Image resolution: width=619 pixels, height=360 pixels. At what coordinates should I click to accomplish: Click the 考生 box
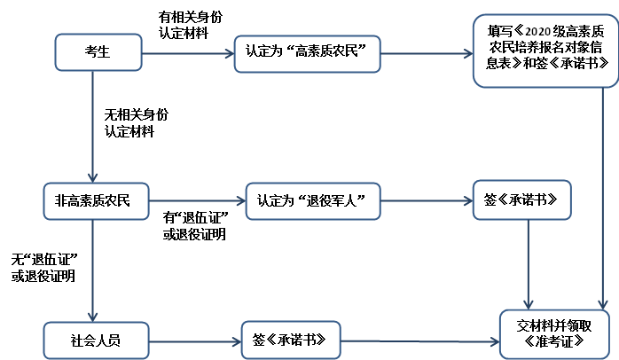98,51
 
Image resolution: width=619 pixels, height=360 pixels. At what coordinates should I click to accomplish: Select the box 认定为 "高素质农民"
307,51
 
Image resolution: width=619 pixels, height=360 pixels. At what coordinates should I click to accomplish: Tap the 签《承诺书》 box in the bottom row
290,340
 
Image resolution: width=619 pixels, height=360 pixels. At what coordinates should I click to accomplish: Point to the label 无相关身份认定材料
136,123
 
